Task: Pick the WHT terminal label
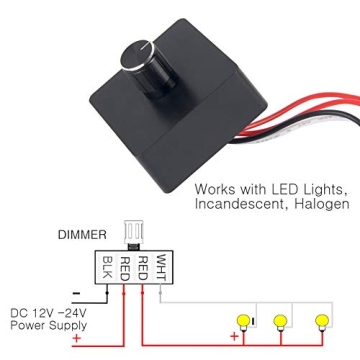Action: pyautogui.click(x=162, y=268)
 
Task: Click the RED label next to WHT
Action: pyautogui.click(x=144, y=268)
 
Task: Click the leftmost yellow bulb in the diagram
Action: pyautogui.click(x=241, y=322)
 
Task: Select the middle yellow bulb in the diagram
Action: pyautogui.click(x=281, y=322)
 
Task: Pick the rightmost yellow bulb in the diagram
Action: pyautogui.click(x=321, y=322)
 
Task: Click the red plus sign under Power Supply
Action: pyautogui.click(x=76, y=338)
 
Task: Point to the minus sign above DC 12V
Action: pyautogui.click(x=75, y=293)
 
